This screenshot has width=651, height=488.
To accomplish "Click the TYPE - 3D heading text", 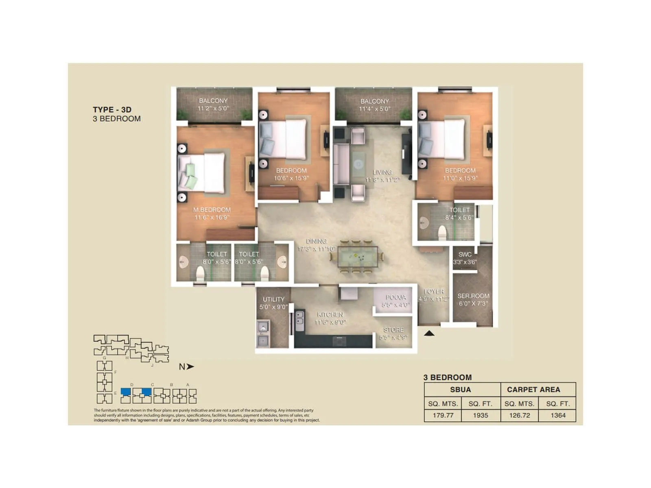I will click(x=112, y=109).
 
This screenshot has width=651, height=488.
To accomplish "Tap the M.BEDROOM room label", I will click(x=212, y=210).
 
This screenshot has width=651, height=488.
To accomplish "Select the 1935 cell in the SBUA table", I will click(x=480, y=415).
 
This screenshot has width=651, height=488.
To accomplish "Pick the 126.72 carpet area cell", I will click(x=520, y=415).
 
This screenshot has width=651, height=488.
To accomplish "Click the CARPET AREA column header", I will click(x=533, y=390).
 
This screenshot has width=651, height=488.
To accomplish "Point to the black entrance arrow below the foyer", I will click(x=429, y=333).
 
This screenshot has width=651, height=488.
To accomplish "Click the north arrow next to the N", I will click(x=190, y=366).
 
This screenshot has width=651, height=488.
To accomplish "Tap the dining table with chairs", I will click(x=357, y=257).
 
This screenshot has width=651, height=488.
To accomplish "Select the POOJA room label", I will click(x=395, y=297).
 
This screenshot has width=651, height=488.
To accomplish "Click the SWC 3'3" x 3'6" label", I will click(x=465, y=258).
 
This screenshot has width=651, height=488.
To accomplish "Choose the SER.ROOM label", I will click(x=473, y=296).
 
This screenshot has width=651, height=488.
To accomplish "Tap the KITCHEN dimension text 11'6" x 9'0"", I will click(x=330, y=322).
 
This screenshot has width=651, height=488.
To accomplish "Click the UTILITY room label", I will click(x=273, y=299).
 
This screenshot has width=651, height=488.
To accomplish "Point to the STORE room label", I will click(x=393, y=330).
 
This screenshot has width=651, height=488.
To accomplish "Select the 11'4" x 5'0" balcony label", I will click(x=374, y=109).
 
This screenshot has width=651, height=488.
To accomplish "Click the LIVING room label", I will click(x=382, y=172).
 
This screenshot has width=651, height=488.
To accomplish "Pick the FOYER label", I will click(x=434, y=292).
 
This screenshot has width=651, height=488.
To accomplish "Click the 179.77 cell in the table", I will click(x=443, y=415).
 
